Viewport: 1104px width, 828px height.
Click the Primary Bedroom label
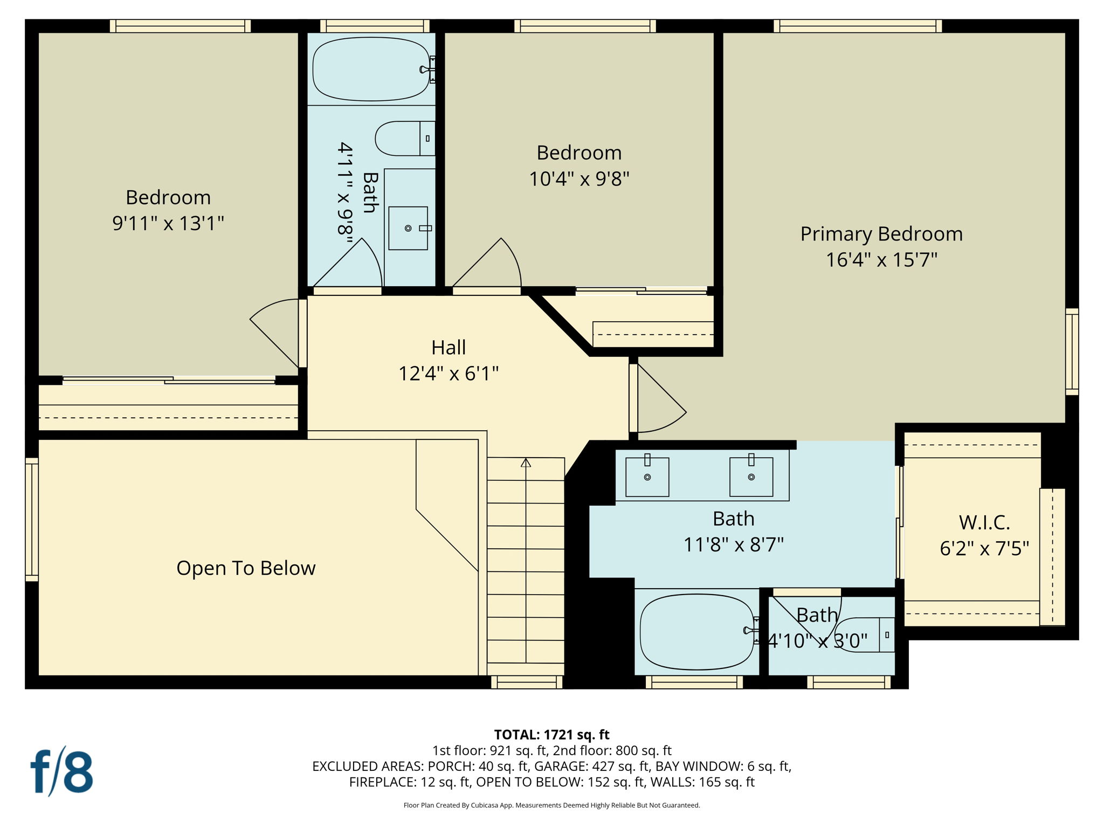click(x=881, y=234)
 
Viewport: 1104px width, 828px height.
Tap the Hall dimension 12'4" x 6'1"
click(x=448, y=373)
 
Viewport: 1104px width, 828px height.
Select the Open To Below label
click(x=246, y=568)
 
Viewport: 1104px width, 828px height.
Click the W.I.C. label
click(x=984, y=522)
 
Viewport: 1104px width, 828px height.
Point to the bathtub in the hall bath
click(x=371, y=69)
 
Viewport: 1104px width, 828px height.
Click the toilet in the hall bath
click(x=404, y=139)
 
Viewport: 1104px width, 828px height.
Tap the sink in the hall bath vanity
click(x=408, y=228)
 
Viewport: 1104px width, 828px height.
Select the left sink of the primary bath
click(x=647, y=477)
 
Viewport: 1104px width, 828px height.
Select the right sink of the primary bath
click(x=751, y=477)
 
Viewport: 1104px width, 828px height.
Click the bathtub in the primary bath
click(x=697, y=632)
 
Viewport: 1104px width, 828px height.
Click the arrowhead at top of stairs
click(x=526, y=463)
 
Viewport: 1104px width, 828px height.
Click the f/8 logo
click(x=61, y=772)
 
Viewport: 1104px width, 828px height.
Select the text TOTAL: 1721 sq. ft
click(x=551, y=735)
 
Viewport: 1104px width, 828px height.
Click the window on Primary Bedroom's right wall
click(x=1072, y=351)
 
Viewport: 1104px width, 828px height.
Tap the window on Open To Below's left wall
click(x=32, y=519)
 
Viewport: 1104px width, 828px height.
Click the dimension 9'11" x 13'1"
click(x=168, y=223)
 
